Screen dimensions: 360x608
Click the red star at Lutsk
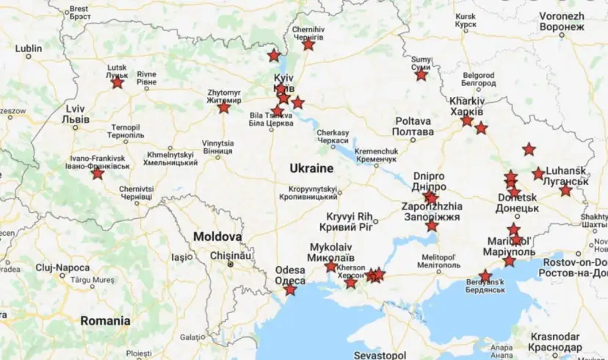point(117,83)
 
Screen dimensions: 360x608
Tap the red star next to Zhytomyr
point(224,108)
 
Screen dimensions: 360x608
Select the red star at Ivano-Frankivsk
point(98,174)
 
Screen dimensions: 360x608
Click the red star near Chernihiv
point(308,45)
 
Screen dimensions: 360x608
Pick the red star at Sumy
point(421,75)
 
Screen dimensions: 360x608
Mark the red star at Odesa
point(291,290)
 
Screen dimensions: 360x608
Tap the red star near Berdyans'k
point(485,276)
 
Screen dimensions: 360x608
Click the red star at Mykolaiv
point(331,267)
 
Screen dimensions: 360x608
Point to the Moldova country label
point(217,237)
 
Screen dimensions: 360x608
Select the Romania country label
point(106,320)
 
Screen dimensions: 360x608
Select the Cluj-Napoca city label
point(62,268)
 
